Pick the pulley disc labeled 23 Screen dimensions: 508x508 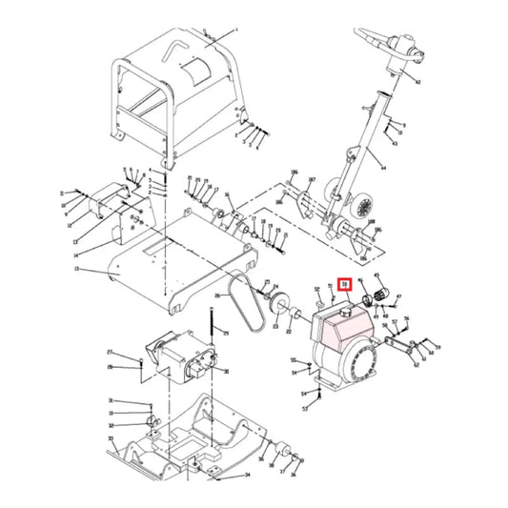[x=280, y=307]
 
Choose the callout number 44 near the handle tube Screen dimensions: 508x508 [x=383, y=167]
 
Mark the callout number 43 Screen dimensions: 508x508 [x=394, y=144]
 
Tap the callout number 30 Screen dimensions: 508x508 [x=226, y=372]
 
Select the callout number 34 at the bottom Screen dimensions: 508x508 [x=247, y=474]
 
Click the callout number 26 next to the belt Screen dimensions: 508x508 [x=217, y=296]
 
